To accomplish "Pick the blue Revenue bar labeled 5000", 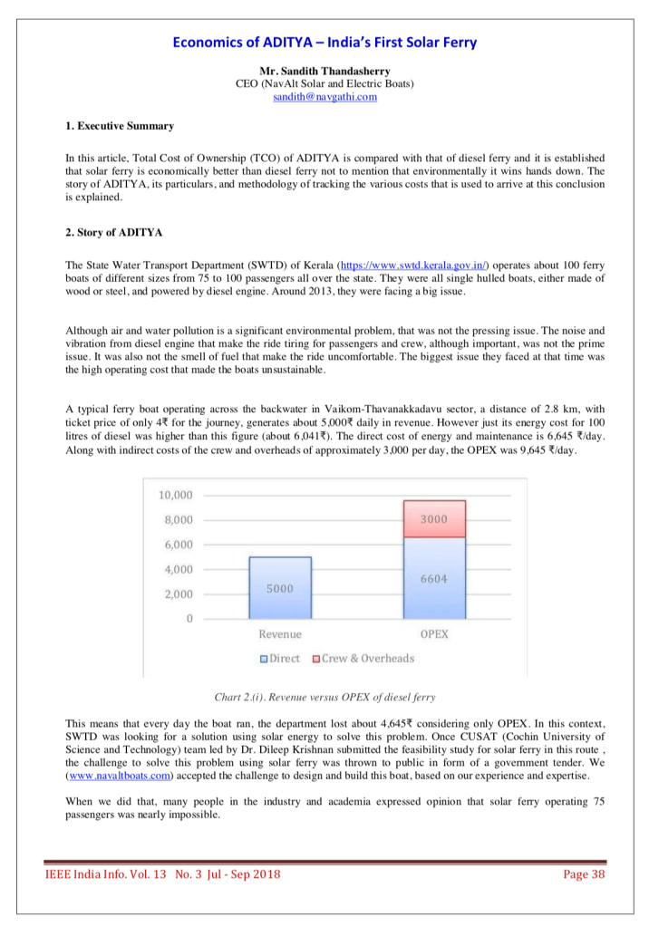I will (280, 587).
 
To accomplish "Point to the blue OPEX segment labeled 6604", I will (434, 577).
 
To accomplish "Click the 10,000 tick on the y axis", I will (175, 495).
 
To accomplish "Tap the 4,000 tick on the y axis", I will (178, 569).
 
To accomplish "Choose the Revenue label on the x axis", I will (280, 634).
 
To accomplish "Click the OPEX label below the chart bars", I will (435, 634).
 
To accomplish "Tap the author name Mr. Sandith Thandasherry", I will (324, 71).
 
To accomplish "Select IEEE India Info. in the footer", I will (90, 874).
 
